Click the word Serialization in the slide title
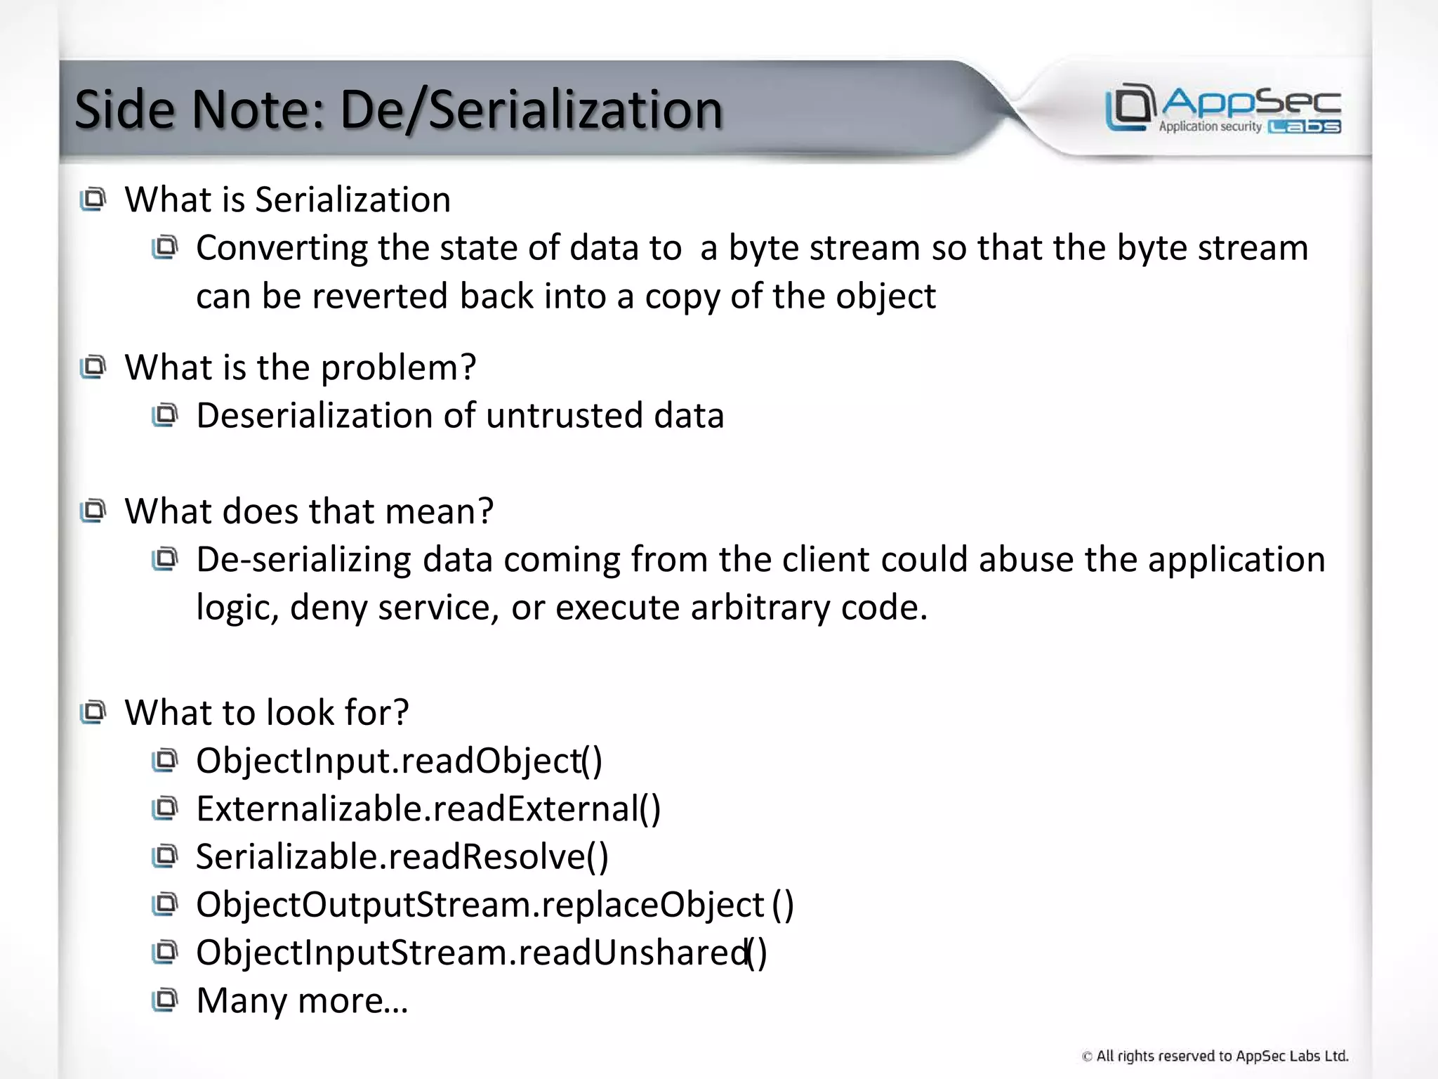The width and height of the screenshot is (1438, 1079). coord(575,110)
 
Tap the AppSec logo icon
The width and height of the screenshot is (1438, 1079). coord(1130,107)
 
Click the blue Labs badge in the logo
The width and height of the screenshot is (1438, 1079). coord(1305,127)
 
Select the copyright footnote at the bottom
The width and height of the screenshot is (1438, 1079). coord(1215,1056)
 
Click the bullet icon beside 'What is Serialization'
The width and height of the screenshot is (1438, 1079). coord(93,200)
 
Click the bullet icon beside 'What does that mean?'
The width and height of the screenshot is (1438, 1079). coord(93,511)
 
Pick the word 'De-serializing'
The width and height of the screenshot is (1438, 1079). coord(303,561)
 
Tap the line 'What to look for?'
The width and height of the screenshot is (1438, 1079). coord(267,712)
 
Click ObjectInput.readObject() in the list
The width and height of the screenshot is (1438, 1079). coord(399,761)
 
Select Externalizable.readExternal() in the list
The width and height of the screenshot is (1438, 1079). coord(428,809)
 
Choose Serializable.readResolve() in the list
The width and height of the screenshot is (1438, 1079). coord(402,857)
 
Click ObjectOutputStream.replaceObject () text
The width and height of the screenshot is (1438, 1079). coord(494,905)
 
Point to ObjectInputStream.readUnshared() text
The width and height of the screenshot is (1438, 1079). coord(481,953)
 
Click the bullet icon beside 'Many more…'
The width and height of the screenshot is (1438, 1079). coord(165,1000)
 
